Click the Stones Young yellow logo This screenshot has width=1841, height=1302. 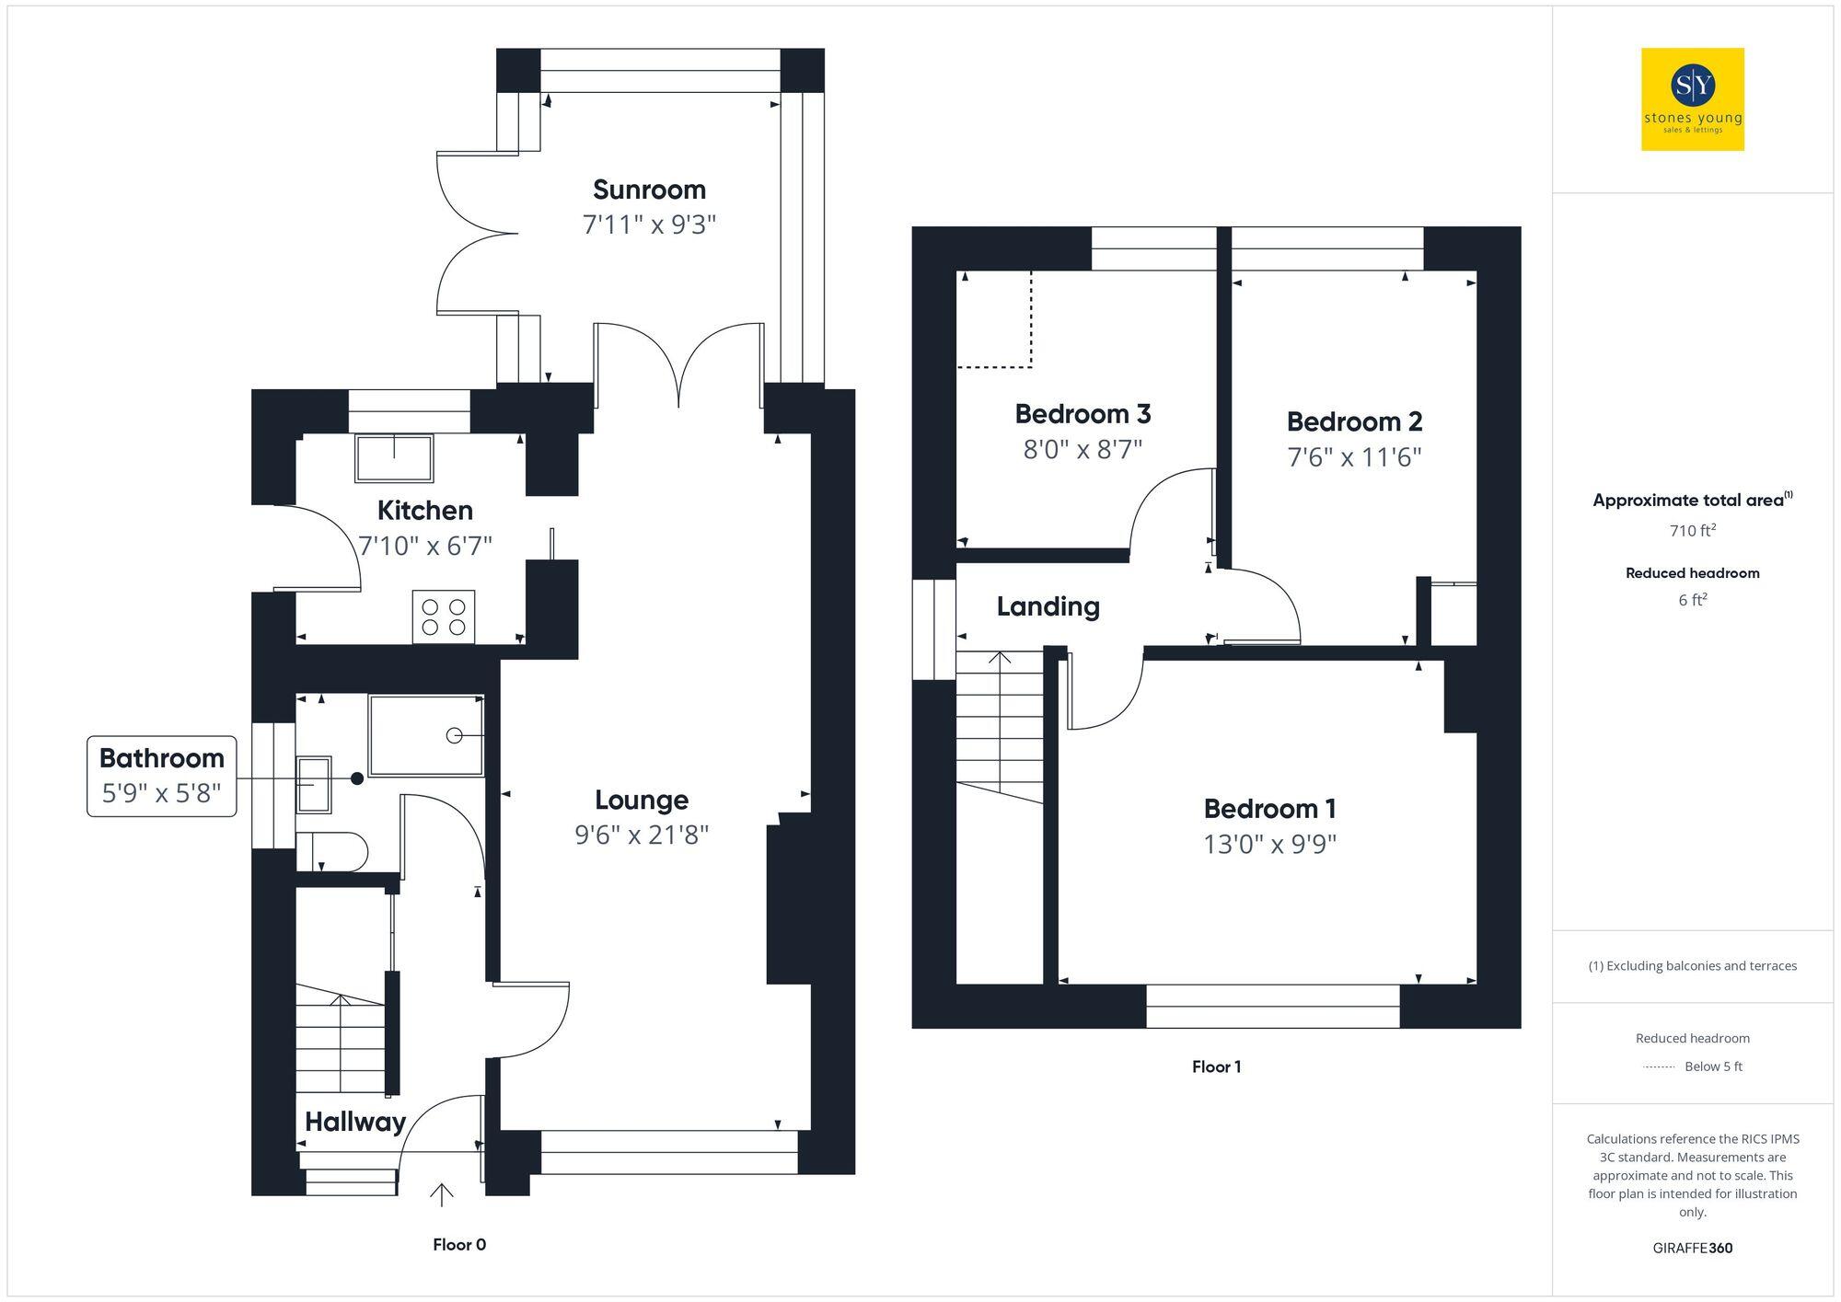pos(1692,99)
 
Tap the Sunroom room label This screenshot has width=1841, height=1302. pos(649,190)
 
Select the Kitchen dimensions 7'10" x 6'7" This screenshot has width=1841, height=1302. pos(424,546)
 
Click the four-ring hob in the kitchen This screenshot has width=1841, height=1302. pos(444,616)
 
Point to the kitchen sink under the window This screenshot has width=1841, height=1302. pos(394,457)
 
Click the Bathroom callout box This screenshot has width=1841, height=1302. pos(161,776)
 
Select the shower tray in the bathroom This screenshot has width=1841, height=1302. pos(426,735)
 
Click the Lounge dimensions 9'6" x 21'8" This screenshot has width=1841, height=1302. pos(642,835)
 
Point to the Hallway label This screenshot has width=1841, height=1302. pos(355,1122)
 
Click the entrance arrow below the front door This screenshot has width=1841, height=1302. pos(442,1194)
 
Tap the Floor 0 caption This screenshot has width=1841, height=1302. pos(459,1245)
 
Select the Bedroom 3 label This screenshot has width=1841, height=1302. pos(1083,414)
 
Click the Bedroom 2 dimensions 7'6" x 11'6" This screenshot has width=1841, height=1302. pos(1354,457)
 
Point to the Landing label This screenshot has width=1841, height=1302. pos(1048,606)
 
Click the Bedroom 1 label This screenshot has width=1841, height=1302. pos(1269,809)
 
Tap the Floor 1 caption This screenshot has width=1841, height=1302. pos(1216,1067)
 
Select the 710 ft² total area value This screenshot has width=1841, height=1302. pos(1692,531)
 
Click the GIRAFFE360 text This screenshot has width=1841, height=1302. pos(1692,1249)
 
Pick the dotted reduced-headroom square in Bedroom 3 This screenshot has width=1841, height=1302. pos(994,319)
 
